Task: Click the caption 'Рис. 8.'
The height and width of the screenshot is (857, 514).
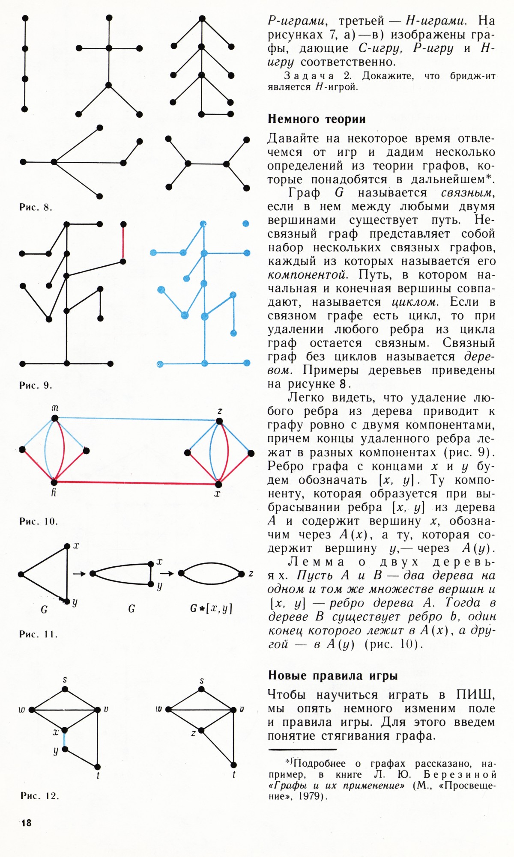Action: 36,208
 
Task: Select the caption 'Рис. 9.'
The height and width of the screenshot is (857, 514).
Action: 36,385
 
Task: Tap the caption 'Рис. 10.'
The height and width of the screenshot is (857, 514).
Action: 39,521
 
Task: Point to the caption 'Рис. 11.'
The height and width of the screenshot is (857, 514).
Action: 39,634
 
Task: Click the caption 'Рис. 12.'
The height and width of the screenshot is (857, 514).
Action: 39,796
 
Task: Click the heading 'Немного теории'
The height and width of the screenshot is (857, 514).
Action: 317,119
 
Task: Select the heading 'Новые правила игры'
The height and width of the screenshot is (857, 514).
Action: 333,675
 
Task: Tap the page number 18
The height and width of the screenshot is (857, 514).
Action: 26,822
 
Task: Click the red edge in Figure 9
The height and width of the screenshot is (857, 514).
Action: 123,242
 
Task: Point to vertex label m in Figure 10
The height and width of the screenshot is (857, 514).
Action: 55,408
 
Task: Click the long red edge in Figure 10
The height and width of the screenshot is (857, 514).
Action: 136,483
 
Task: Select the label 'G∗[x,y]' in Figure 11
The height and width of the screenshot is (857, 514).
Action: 211,608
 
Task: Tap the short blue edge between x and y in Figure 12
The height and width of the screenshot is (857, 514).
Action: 64,739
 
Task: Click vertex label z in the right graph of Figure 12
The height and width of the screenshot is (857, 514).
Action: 194,733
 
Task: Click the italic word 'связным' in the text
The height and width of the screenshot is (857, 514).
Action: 467,193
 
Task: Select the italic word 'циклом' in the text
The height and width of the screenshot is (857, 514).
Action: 415,302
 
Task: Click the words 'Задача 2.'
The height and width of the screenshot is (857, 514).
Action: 317,76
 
